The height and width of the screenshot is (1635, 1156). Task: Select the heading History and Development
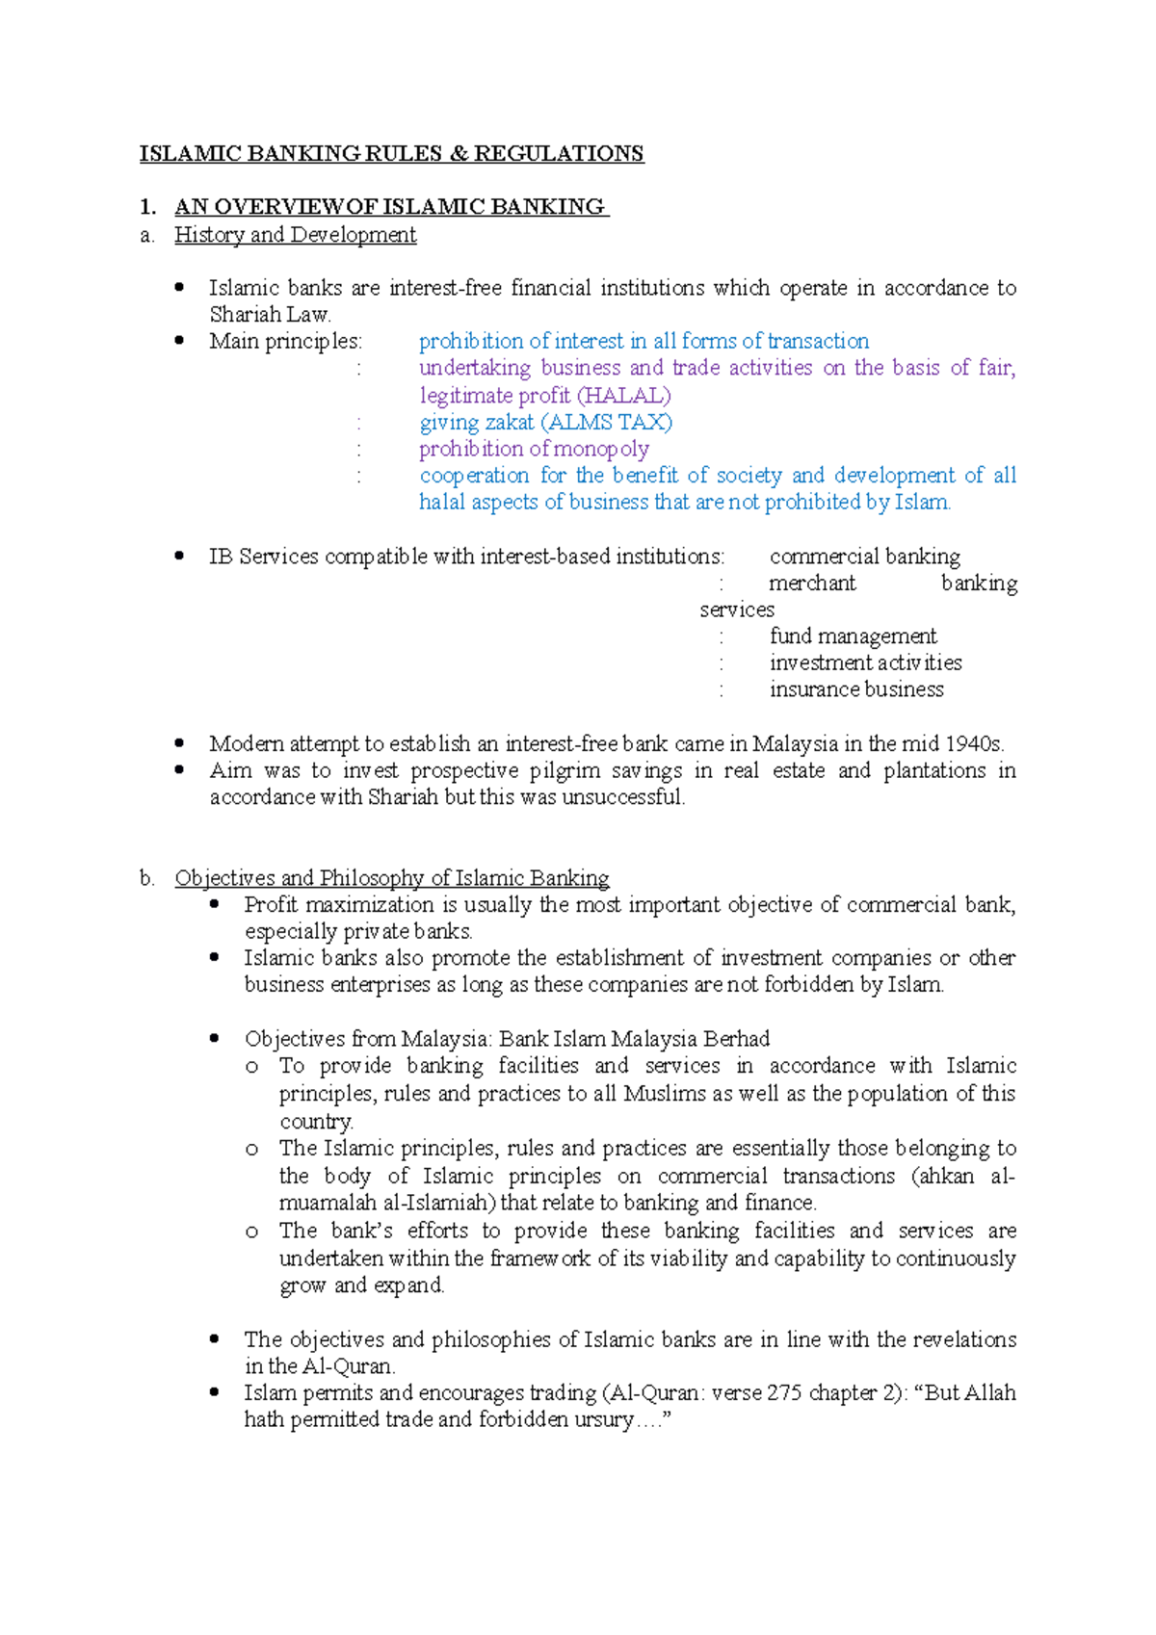[x=295, y=235]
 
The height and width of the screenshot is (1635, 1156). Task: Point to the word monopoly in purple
[x=602, y=449]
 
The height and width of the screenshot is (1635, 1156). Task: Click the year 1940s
[x=974, y=744]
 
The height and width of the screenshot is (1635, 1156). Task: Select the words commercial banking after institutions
[x=864, y=557]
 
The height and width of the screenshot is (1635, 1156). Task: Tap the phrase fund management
[x=853, y=636]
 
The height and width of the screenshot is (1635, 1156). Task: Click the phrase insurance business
[x=856, y=689]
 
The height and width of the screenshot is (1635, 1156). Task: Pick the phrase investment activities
[x=865, y=663]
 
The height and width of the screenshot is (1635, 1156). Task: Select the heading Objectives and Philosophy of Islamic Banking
[x=391, y=878]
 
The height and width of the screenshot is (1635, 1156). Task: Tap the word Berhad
[x=737, y=1039]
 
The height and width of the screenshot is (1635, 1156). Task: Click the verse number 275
[x=784, y=1393]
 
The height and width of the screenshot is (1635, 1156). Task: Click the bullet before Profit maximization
[x=215, y=904]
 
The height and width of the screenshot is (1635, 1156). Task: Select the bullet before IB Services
[x=180, y=556]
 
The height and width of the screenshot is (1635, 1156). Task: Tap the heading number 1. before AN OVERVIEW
[x=147, y=207]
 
